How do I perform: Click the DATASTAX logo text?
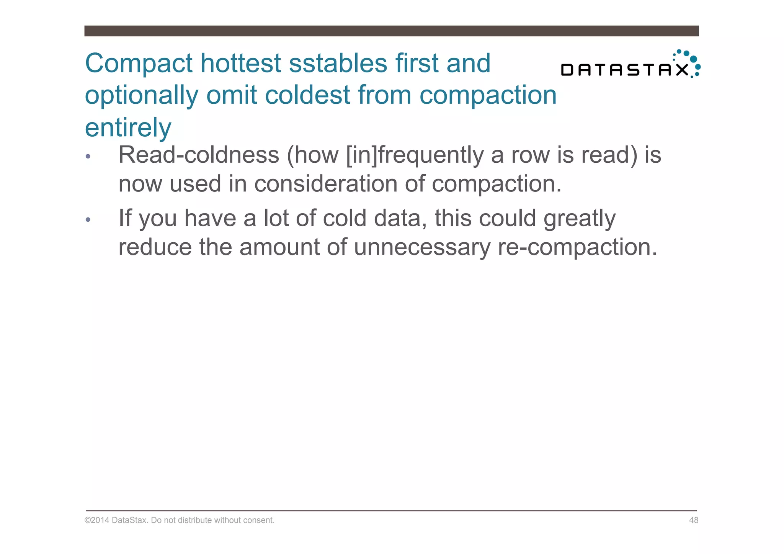(624, 70)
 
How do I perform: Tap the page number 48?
(693, 520)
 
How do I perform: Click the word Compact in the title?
(139, 64)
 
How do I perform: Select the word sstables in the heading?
(338, 63)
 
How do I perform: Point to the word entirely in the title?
(128, 128)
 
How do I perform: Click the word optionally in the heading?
(141, 96)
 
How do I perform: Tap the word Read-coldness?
(199, 155)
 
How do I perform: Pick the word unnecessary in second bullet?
(421, 247)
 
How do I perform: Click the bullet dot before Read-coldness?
(88, 156)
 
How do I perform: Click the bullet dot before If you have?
(88, 220)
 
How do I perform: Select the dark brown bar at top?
(391, 31)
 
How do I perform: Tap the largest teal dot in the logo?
(693, 59)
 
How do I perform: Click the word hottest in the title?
(241, 63)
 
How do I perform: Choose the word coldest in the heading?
(307, 95)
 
